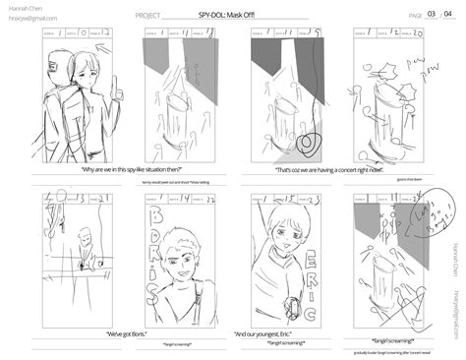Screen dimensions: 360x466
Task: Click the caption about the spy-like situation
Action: [117, 170]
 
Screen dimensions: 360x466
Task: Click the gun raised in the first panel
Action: [114, 86]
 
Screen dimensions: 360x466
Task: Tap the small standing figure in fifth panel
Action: [87, 246]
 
